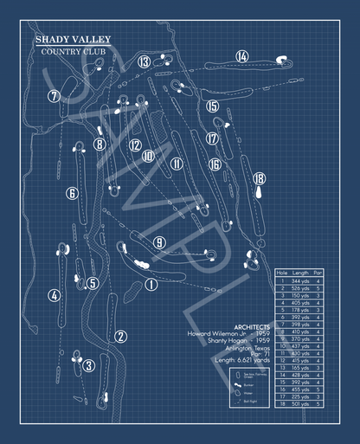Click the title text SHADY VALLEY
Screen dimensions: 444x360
73,39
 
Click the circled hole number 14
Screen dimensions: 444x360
241,56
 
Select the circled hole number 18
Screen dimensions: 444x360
259,178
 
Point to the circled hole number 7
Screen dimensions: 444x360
55,96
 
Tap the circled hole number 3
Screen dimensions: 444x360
88,365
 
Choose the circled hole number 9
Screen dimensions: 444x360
159,243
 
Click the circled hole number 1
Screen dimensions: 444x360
151,284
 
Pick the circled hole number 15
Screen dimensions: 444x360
212,106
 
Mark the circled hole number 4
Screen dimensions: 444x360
55,295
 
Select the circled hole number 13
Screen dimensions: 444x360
144,61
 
